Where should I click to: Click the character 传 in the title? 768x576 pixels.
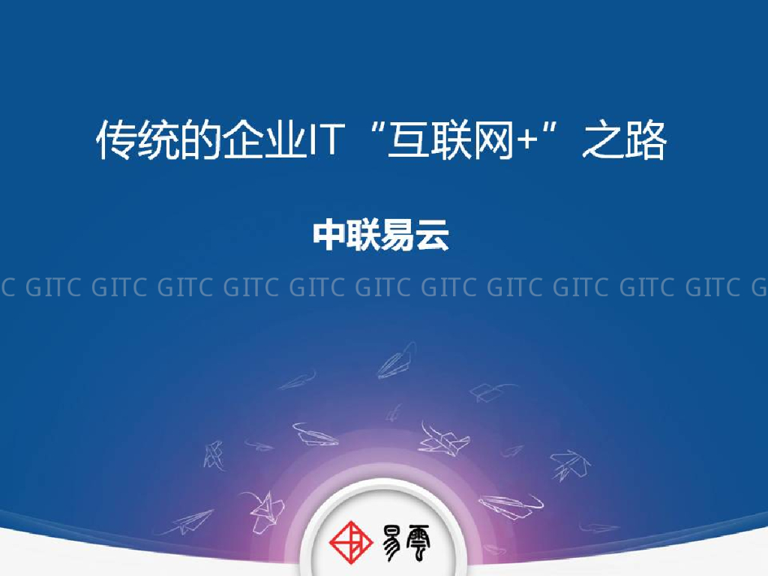point(115,141)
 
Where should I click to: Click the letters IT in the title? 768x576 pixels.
point(325,141)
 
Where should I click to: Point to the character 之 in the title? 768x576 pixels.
point(601,141)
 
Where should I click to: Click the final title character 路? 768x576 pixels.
point(645,141)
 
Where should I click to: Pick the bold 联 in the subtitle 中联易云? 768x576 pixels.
point(364,235)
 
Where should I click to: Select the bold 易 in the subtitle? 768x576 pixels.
point(399,235)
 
